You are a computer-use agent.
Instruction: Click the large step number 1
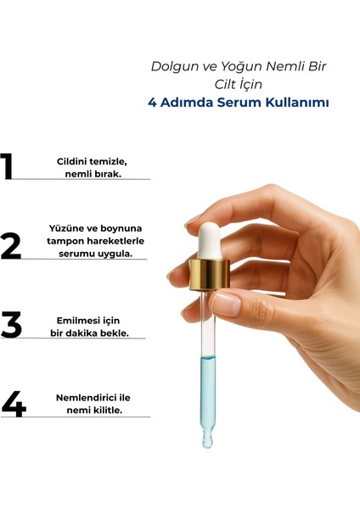(x=7, y=165)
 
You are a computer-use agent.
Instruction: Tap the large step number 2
(x=11, y=246)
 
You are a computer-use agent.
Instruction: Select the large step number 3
(x=11, y=324)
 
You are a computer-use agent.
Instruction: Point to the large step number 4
(x=14, y=404)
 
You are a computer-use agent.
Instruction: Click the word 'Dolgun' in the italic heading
(x=175, y=67)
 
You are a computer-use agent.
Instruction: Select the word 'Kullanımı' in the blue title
(x=297, y=103)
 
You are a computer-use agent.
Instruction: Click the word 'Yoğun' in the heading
(x=241, y=67)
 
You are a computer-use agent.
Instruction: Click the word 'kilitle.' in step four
(x=108, y=410)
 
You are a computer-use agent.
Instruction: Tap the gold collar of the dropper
(x=209, y=275)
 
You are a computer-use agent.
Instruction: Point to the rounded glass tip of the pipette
(x=207, y=439)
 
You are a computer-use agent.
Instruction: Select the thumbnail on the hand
(x=226, y=305)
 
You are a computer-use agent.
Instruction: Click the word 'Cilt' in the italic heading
(x=224, y=84)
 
